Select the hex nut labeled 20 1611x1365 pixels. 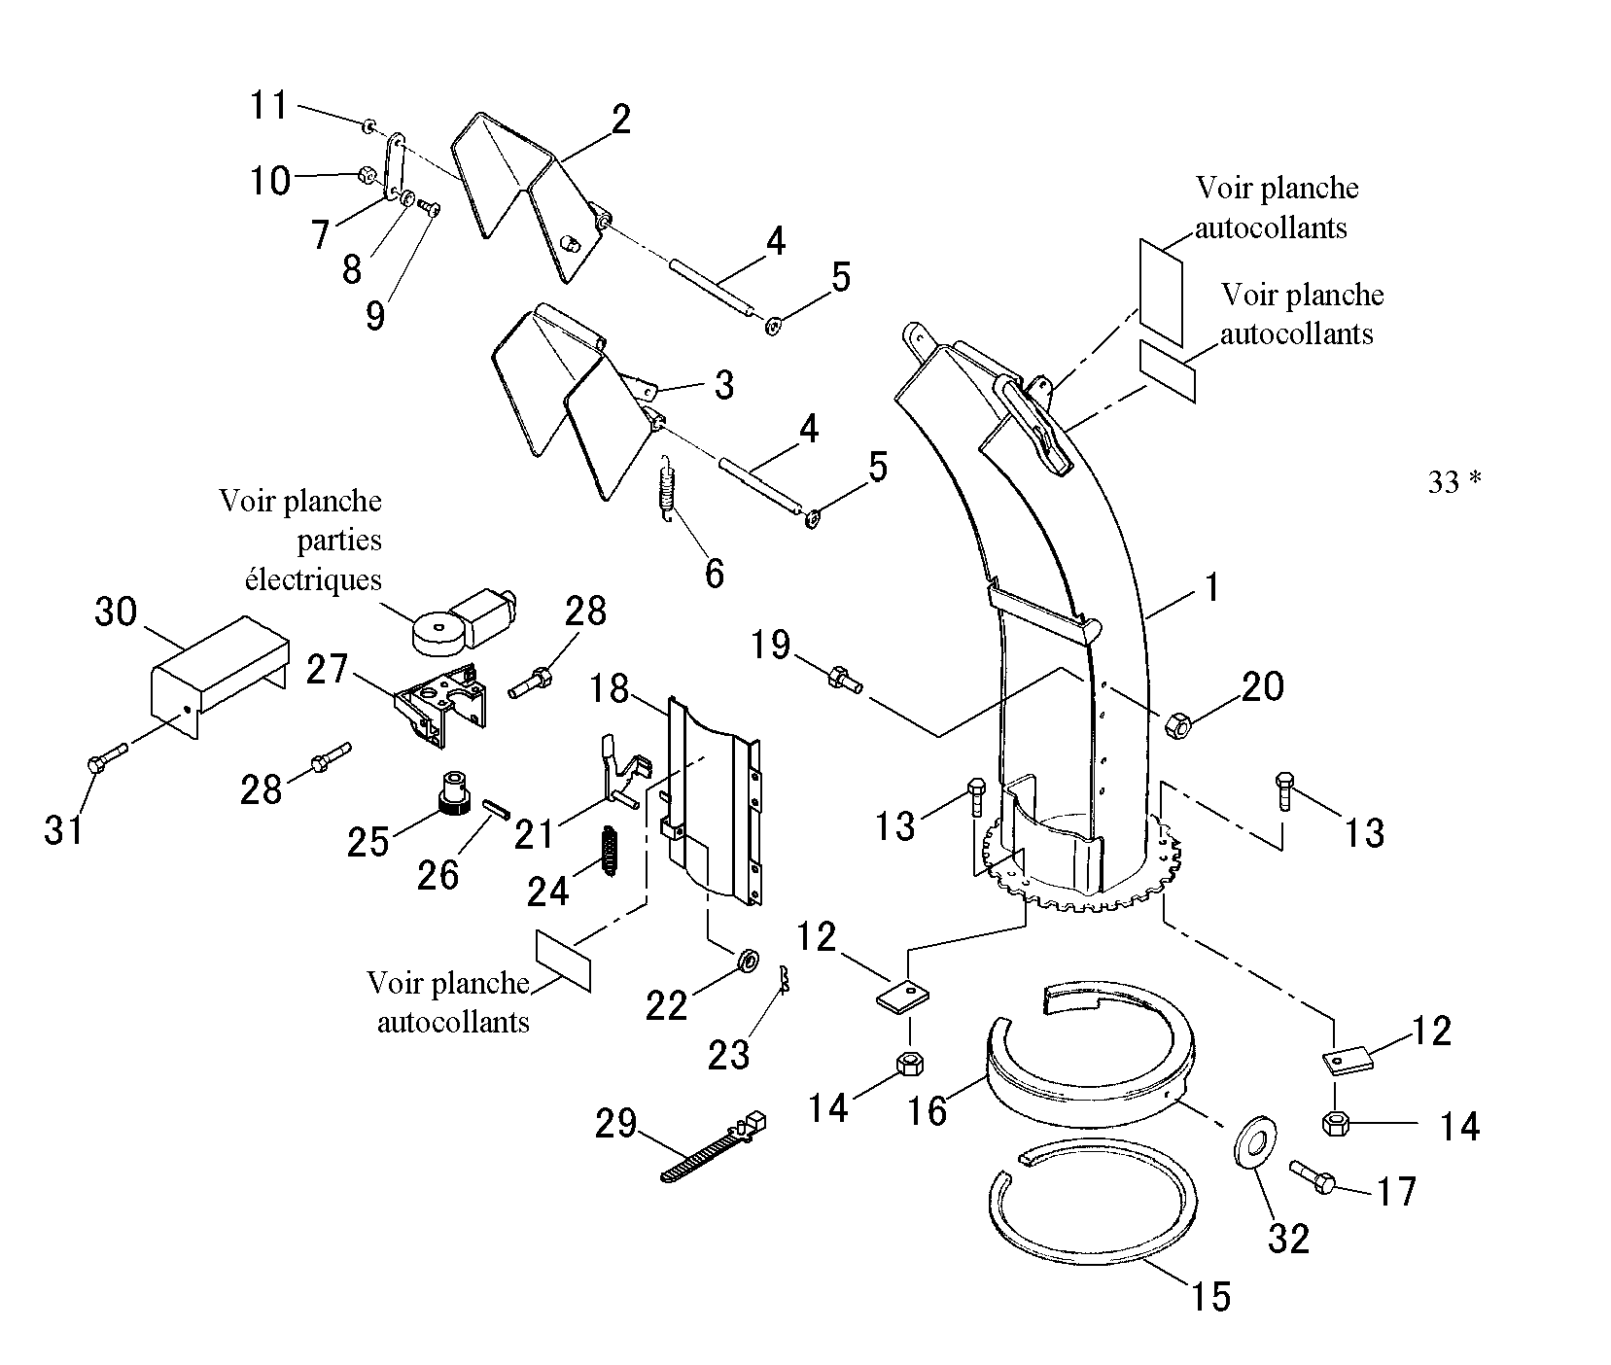tap(1177, 724)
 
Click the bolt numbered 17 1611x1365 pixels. tap(1313, 1175)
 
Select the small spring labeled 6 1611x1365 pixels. tap(665, 491)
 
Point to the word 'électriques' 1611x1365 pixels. tap(313, 579)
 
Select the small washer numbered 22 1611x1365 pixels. tap(749, 961)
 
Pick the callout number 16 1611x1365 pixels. tap(928, 1109)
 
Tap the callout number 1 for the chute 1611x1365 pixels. tap(1211, 587)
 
